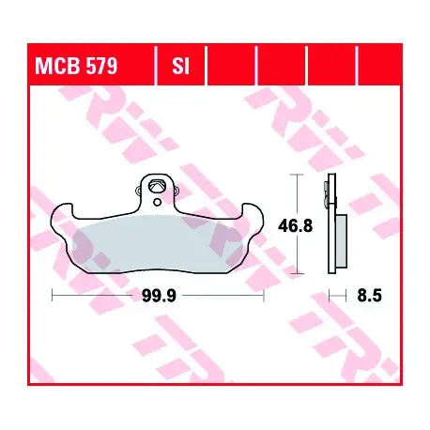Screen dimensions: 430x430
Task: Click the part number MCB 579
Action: tap(76, 66)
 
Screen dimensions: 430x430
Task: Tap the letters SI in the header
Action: tap(181, 66)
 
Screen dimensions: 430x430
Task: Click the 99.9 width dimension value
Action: tap(159, 295)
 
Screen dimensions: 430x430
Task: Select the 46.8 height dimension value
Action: tap(295, 225)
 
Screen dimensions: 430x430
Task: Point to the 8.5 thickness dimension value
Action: tap(370, 295)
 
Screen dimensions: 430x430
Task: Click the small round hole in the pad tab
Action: tap(158, 202)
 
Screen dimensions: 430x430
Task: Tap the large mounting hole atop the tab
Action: tap(158, 186)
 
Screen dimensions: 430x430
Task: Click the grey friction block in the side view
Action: tap(341, 241)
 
